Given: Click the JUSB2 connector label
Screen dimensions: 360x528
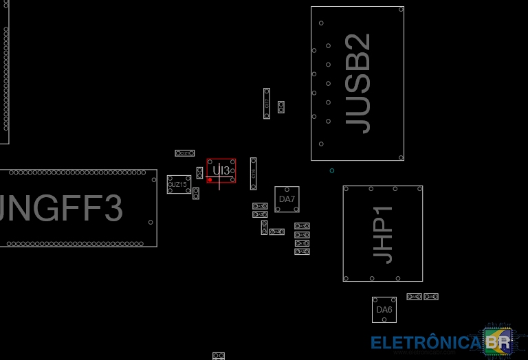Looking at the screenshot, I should (x=357, y=83).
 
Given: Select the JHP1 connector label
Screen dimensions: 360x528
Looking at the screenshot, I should (x=383, y=234).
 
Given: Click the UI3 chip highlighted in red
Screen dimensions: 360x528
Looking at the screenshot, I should (x=221, y=170).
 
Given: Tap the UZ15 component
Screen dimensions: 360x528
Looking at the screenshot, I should (x=179, y=184).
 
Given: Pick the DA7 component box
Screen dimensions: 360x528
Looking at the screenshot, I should (x=287, y=199).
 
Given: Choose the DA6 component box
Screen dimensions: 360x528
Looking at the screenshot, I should (x=384, y=310).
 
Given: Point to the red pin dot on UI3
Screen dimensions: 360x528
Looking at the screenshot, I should (x=210, y=179).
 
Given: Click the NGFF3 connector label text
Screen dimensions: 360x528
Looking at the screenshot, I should (x=62, y=208).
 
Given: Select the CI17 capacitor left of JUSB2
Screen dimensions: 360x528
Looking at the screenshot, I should (x=267, y=103).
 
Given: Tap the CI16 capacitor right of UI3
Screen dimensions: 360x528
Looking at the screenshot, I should (x=253, y=173).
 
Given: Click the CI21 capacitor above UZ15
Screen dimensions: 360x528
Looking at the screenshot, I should (x=184, y=153).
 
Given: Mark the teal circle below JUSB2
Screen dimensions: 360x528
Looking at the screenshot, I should (x=332, y=170).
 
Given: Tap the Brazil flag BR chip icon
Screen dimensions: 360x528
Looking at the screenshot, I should (x=498, y=340).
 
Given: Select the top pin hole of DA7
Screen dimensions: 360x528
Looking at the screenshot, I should (x=287, y=189).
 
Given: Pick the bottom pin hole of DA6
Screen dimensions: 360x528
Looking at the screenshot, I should (x=384, y=319).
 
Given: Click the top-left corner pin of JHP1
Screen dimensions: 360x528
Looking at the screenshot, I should (x=346, y=189).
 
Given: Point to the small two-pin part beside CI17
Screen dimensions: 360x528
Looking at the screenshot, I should (x=280, y=107).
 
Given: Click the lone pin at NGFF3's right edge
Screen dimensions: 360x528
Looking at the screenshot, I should (x=151, y=222).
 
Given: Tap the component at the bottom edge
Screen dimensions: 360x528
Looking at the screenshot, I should (x=219, y=356).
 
